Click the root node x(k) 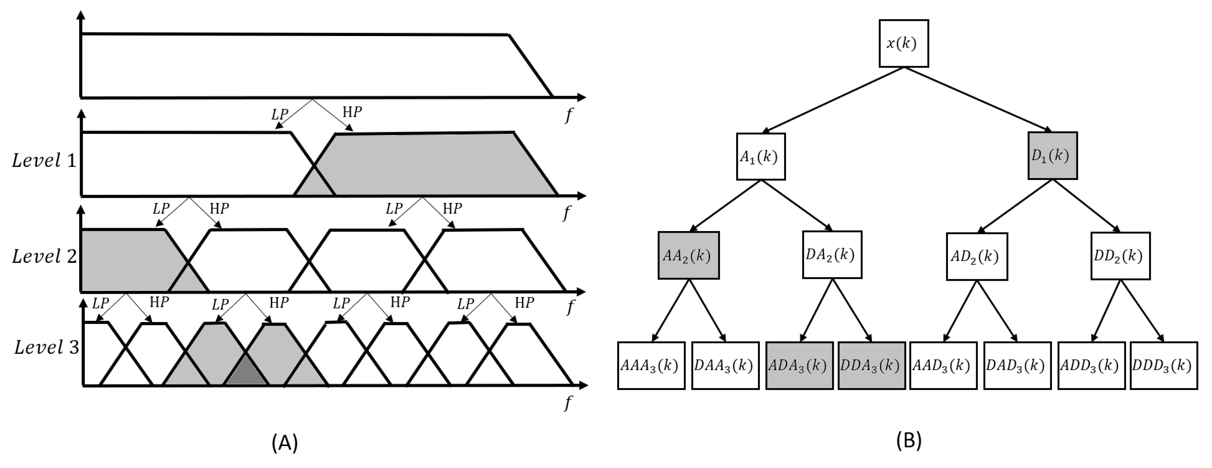(x=903, y=43)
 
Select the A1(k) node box (x=760, y=157)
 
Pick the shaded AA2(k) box (x=688, y=255)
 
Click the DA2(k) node (x=832, y=255)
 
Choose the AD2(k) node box (x=976, y=256)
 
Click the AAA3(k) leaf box (x=651, y=366)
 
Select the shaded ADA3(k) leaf (x=799, y=366)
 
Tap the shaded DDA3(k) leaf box (x=871, y=366)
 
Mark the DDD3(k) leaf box (x=1163, y=366)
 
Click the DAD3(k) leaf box (x=1017, y=366)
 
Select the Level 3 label (x=46, y=348)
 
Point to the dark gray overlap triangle (x=246, y=372)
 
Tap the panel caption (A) (x=285, y=442)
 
